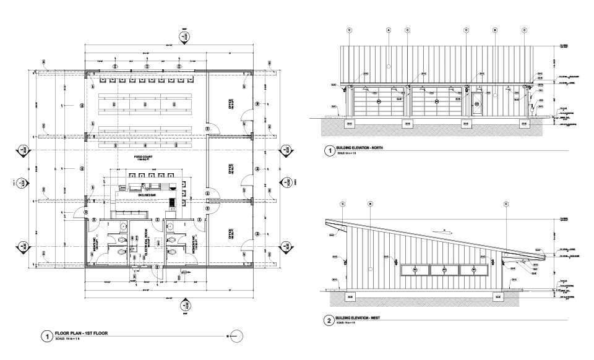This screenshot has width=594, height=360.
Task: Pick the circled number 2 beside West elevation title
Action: pos(327,320)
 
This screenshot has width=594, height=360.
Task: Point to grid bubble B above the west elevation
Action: pos(369,204)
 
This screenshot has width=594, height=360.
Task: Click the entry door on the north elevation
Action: pos(477,103)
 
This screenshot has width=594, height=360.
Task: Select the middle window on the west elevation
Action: pos(445,269)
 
